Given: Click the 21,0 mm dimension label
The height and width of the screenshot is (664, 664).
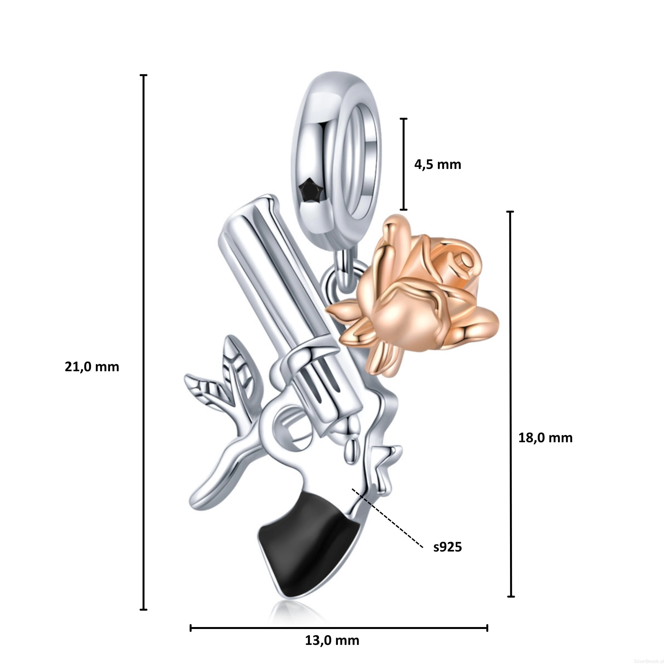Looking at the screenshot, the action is point(92,367).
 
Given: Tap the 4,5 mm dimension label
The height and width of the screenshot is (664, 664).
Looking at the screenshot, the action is point(437,165).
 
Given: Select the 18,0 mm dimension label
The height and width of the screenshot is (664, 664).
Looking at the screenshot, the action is point(545,438).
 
